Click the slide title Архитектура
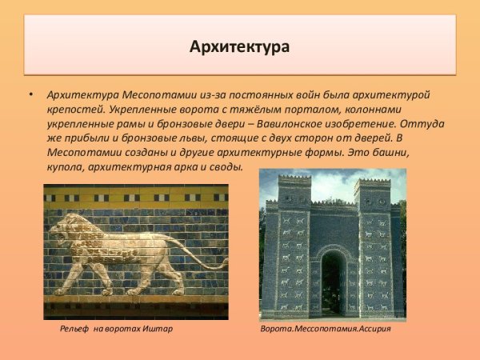pyautogui.click(x=239, y=46)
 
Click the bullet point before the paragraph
pyautogui.click(x=31, y=95)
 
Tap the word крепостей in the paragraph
pyautogui.click(x=70, y=110)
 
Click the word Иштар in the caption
pyautogui.click(x=158, y=329)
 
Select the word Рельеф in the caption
pyautogui.click(x=78, y=329)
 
